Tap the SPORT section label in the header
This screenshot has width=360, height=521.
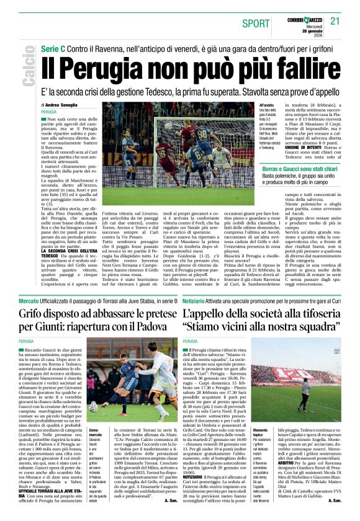point(256,23)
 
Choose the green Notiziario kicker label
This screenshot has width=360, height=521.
point(197,301)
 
